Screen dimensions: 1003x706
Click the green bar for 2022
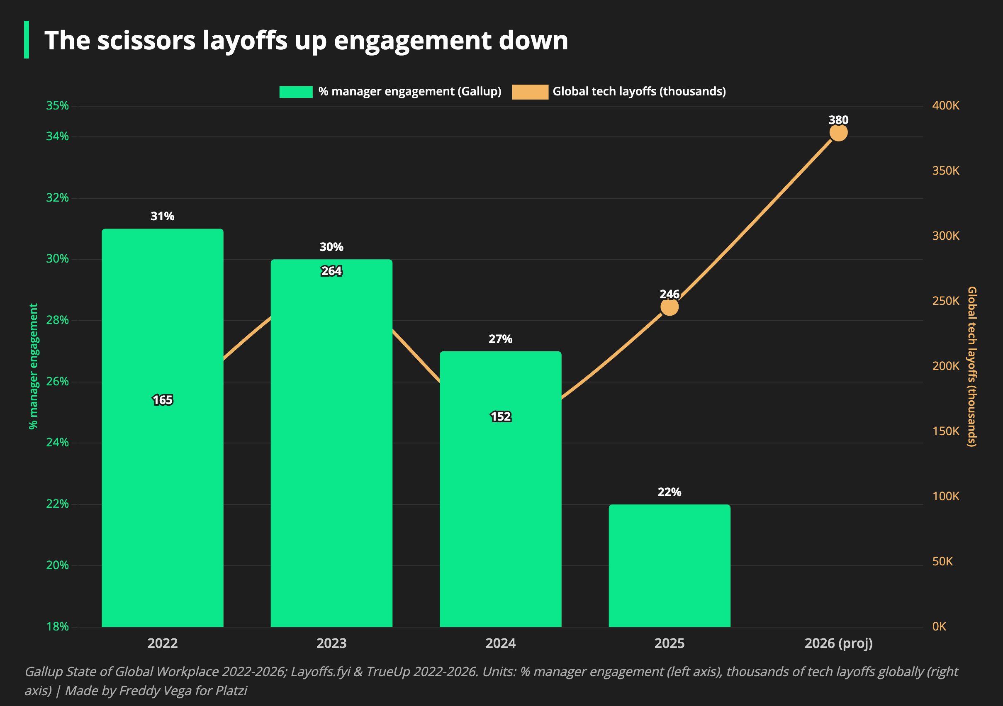pos(163,428)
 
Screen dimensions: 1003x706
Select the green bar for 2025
pos(669,566)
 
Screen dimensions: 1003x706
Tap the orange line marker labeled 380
pos(838,133)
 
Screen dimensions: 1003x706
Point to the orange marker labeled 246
pos(669,307)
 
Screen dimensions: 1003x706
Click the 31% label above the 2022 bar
pos(163,216)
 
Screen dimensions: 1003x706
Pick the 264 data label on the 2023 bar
pos(331,271)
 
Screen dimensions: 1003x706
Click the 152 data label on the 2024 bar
pos(501,417)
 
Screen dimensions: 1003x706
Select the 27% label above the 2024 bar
pos(501,339)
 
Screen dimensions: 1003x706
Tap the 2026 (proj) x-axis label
pos(838,643)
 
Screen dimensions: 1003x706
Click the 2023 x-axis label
pos(331,643)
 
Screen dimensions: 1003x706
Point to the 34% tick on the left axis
pos(58,136)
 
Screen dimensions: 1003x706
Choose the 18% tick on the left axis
pos(58,626)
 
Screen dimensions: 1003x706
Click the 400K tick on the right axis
pos(946,105)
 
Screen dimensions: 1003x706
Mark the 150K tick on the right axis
pos(946,431)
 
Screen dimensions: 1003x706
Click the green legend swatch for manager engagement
pos(296,92)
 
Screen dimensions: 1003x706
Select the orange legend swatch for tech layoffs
pos(530,92)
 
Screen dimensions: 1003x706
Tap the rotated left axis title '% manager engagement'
pos(34,366)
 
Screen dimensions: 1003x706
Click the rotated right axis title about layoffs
pos(971,367)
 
